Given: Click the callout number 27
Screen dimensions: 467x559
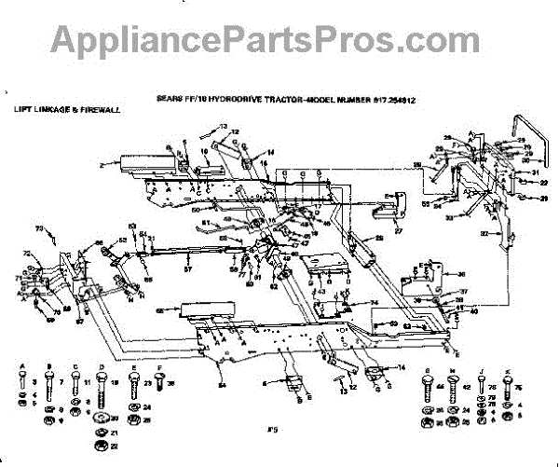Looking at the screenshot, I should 398,231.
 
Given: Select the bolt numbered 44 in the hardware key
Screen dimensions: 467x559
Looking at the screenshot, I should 428,384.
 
